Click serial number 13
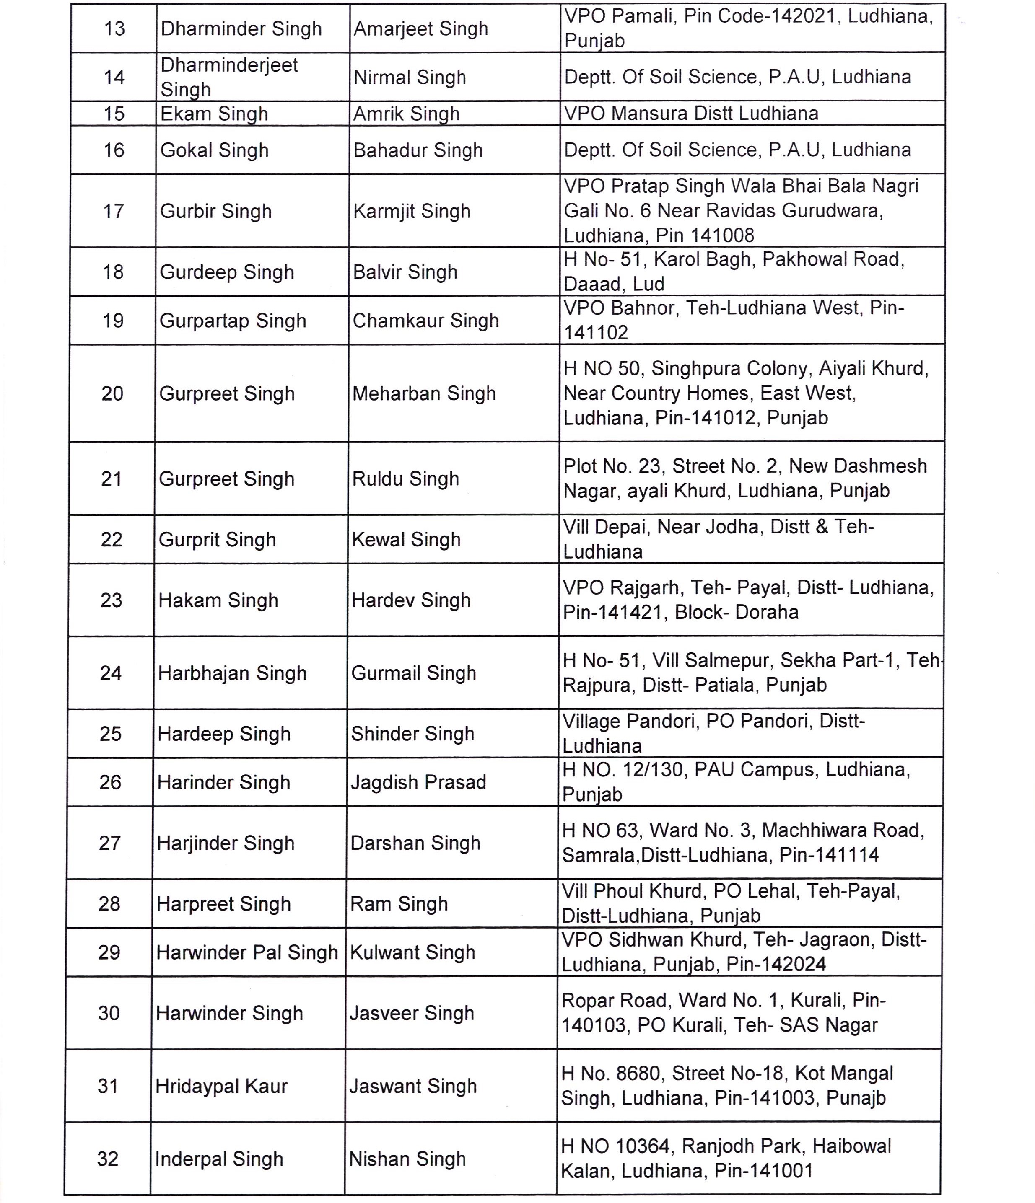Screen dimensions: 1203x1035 [114, 28]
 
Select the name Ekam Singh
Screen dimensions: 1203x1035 [214, 114]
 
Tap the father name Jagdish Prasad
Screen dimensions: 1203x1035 [418, 782]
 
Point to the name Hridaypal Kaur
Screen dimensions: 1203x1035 [221, 1086]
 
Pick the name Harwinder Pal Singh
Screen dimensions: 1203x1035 [247, 952]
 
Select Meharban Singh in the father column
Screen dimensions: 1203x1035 [424, 393]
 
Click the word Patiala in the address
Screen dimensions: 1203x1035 [728, 685]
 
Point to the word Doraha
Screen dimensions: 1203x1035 [767, 612]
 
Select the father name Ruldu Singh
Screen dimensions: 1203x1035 [405, 479]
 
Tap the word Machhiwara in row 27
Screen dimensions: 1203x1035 [819, 830]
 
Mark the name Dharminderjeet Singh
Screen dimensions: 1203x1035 [229, 77]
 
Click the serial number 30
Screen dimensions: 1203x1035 [109, 1013]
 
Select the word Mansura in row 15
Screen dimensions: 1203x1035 [649, 113]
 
